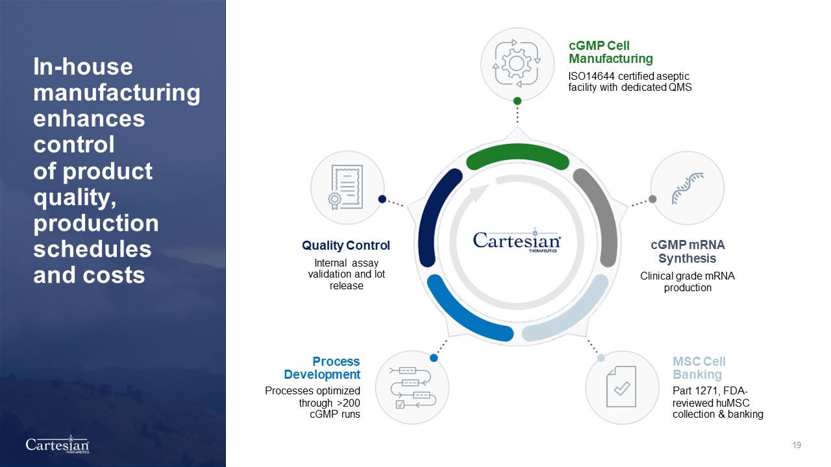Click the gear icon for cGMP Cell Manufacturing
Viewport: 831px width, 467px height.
click(x=516, y=64)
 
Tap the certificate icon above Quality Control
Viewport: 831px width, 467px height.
click(x=345, y=187)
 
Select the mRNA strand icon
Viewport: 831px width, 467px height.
click(x=688, y=188)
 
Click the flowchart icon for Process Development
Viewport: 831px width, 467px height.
click(x=412, y=388)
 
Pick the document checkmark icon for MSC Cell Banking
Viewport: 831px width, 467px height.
click(x=621, y=387)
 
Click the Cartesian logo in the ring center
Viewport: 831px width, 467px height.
click(x=517, y=240)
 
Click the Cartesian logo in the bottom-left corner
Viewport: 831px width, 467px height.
click(x=58, y=444)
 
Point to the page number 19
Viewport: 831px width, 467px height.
click(x=797, y=445)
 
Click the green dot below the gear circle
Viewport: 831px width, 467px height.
click(x=517, y=101)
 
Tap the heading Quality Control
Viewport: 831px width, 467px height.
click(x=346, y=245)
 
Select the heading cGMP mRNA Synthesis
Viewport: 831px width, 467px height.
click(x=688, y=251)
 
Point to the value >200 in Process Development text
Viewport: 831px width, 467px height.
click(x=349, y=403)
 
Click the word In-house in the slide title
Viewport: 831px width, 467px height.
click(x=83, y=67)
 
